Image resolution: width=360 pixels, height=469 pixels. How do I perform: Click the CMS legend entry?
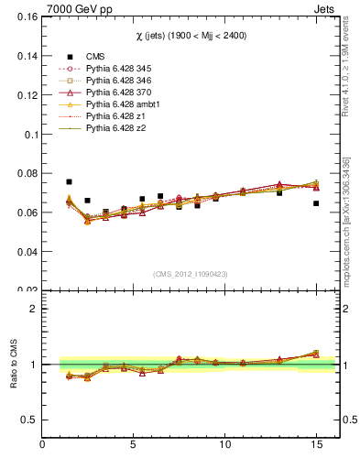pyautogui.click(x=95, y=57)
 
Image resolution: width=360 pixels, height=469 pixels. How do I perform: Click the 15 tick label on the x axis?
pyautogui.click(x=316, y=445)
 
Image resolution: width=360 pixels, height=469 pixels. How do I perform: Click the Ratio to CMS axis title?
pyautogui.click(x=12, y=365)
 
